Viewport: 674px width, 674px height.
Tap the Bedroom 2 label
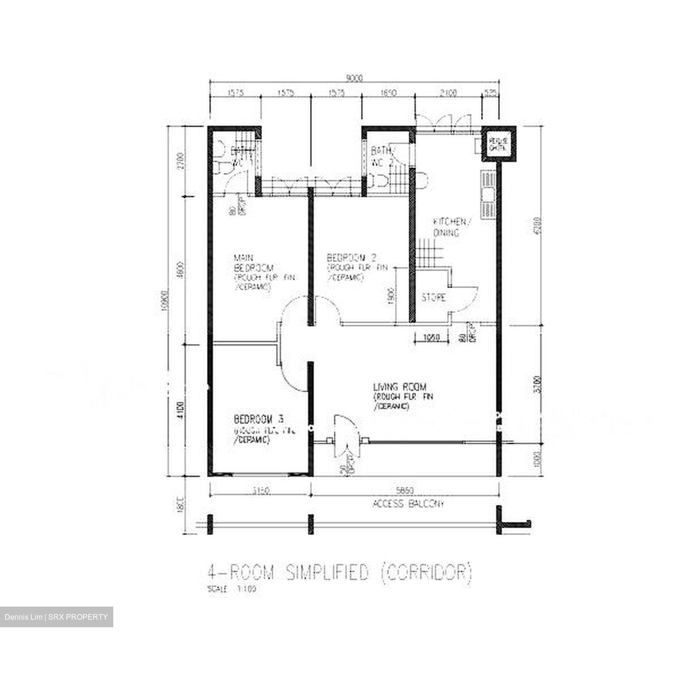tap(352, 258)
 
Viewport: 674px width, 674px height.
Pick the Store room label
tap(433, 298)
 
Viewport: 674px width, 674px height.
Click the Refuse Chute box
tap(498, 144)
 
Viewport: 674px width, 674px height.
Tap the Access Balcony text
tap(408, 504)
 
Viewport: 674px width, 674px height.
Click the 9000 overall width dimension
tap(354, 79)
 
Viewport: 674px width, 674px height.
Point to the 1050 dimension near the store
tap(431, 337)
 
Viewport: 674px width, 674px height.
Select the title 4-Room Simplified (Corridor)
tap(339, 572)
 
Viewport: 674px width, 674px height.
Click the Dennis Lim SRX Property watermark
tap(56, 617)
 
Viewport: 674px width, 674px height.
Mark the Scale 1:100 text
tap(232, 589)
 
